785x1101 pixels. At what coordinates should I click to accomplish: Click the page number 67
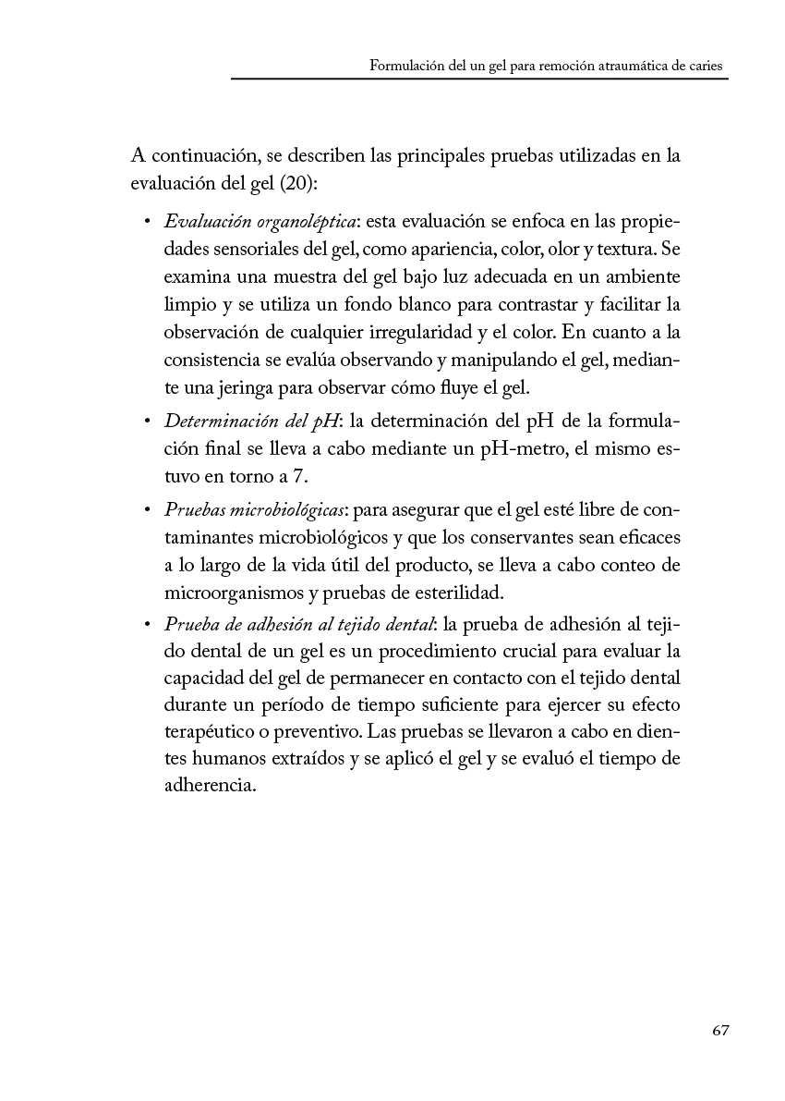click(721, 1031)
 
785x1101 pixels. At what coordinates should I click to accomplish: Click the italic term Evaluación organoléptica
click(260, 222)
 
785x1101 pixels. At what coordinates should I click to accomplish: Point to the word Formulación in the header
click(404, 66)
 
